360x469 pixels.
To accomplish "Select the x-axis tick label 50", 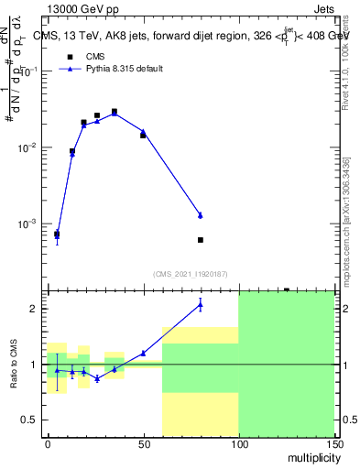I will (x=143, y=443).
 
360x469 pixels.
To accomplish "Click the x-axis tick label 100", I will (x=238, y=443).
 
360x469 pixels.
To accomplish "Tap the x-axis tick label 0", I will (x=48, y=443).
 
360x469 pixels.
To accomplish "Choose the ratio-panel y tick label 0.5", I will (x=28, y=420).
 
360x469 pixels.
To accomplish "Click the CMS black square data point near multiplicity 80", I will (x=201, y=240).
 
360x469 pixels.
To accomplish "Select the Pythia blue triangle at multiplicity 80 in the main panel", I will (x=201, y=215).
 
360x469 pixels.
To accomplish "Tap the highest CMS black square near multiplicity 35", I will (x=115, y=112).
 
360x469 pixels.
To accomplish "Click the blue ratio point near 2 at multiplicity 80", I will (x=201, y=305).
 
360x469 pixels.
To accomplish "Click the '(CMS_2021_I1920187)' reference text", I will (x=190, y=273).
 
